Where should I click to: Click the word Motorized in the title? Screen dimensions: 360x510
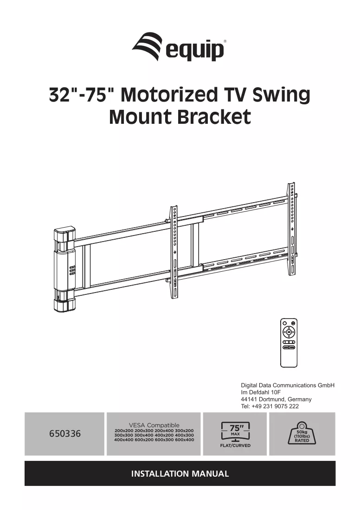[168, 95]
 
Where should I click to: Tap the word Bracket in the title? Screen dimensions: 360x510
[214, 117]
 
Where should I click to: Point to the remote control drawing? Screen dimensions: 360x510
[289, 343]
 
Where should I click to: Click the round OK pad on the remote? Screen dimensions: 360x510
[289, 332]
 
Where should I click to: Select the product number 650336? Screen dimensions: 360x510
[65, 433]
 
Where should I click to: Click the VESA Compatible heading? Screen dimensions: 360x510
[154, 425]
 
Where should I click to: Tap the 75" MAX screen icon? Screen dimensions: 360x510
[235, 432]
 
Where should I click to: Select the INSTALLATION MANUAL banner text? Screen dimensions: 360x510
[180, 473]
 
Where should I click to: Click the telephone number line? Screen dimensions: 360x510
[270, 406]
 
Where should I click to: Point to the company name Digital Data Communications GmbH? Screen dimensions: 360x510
[288, 385]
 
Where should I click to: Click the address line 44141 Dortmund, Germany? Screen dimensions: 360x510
[276, 399]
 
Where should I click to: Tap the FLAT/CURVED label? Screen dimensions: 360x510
[235, 446]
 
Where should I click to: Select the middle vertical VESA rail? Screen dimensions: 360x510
[174, 252]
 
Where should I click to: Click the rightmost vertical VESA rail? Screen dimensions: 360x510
[292, 229]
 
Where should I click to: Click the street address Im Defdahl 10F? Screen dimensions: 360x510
[261, 392]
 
